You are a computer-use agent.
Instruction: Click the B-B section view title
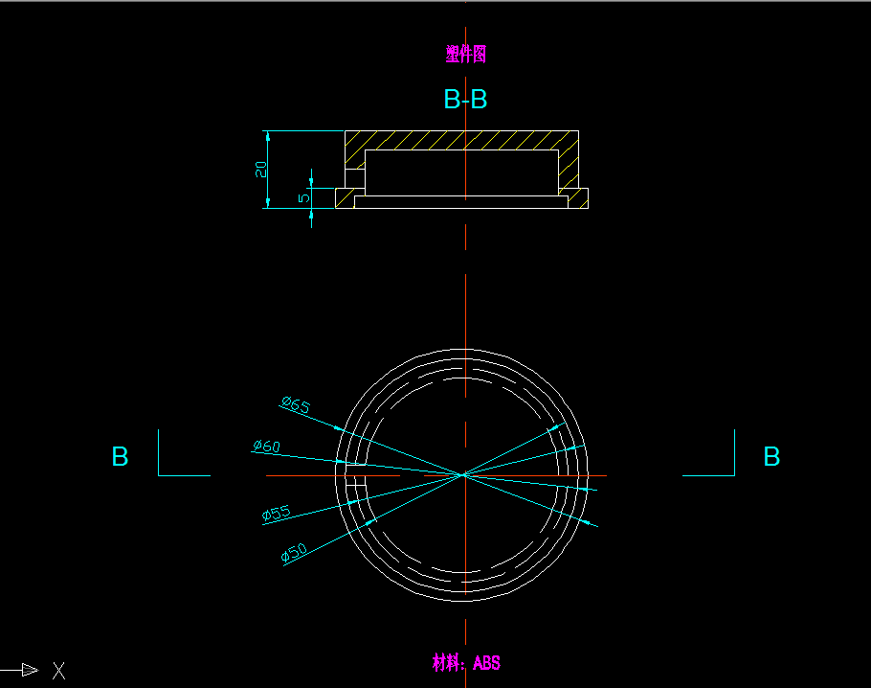tap(466, 100)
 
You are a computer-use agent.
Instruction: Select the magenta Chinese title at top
tap(466, 55)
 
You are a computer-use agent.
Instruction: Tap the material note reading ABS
tap(466, 662)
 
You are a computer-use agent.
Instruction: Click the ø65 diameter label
tap(296, 405)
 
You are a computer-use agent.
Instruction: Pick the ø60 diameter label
tap(266, 447)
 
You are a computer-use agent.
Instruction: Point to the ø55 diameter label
tap(276, 514)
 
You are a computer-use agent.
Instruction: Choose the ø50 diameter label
tap(294, 553)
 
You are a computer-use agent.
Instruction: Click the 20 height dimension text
tap(260, 170)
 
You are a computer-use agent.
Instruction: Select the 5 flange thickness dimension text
tap(304, 198)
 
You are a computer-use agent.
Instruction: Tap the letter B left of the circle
tap(120, 457)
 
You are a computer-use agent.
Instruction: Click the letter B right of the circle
tap(771, 457)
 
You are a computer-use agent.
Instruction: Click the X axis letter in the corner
tap(58, 671)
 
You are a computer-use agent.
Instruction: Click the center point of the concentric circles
tap(465, 474)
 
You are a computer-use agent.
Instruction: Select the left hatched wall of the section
tap(355, 153)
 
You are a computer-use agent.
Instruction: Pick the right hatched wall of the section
tap(569, 158)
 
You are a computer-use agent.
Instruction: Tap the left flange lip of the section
tap(345, 198)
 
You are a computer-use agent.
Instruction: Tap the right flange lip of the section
tap(578, 198)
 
